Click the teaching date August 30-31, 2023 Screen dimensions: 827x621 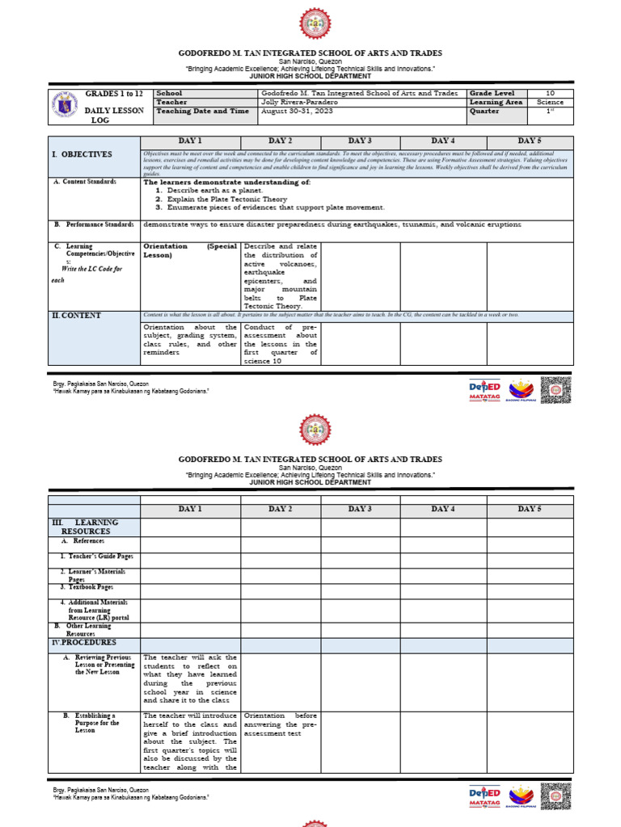(x=296, y=111)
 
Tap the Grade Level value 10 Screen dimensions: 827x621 (x=550, y=94)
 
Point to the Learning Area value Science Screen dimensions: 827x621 (x=550, y=103)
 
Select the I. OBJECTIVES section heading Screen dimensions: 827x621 (x=82, y=154)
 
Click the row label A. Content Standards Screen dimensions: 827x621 (x=85, y=183)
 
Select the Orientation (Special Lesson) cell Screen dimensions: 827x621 (x=190, y=250)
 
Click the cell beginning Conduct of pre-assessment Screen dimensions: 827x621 (x=281, y=344)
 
